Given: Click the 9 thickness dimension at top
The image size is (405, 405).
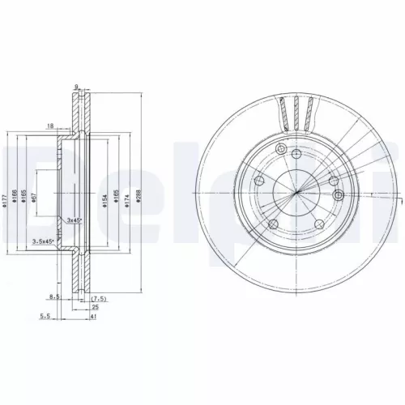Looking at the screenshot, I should tap(75, 87).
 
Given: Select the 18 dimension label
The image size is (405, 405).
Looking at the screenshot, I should tap(50, 126).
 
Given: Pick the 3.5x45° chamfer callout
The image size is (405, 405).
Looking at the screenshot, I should tap(42, 241).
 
